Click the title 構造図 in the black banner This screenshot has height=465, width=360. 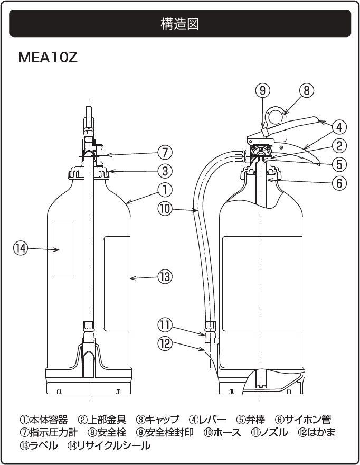(x=179, y=24)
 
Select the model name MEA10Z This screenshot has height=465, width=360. (x=48, y=57)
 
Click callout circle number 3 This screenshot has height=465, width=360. (x=165, y=171)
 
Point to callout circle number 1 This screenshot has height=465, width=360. (x=165, y=189)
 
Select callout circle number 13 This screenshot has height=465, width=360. (x=165, y=276)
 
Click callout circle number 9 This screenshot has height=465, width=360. (x=263, y=90)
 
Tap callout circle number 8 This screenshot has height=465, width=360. (x=307, y=90)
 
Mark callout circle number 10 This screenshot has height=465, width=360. (x=165, y=208)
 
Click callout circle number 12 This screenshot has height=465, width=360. (x=165, y=342)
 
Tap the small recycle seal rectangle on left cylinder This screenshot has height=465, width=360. (x=62, y=249)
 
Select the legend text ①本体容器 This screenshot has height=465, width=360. (x=44, y=420)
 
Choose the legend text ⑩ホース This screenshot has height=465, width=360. (x=222, y=433)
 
